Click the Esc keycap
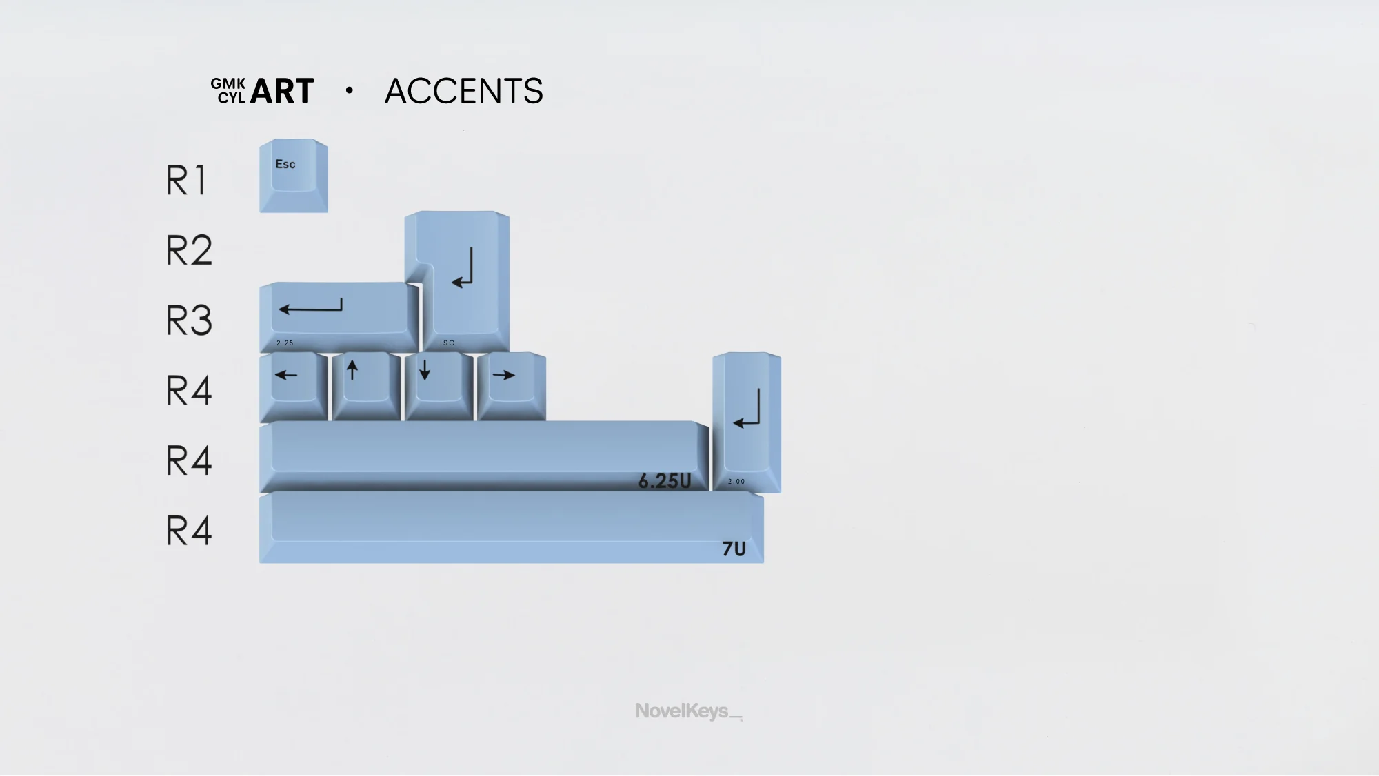[x=294, y=176]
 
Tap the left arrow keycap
[x=294, y=387]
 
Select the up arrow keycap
[x=366, y=387]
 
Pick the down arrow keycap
[x=439, y=387]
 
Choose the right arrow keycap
[x=512, y=387]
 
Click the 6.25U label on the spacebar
[x=665, y=480]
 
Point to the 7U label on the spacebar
[x=734, y=549]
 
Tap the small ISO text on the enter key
[x=447, y=343]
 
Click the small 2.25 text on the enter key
[x=285, y=343]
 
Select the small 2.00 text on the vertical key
[x=736, y=482]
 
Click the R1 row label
[x=186, y=181]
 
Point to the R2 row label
[x=189, y=250]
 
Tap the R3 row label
[x=189, y=320]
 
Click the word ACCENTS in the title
[x=464, y=91]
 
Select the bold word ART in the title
[x=282, y=91]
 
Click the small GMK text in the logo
[x=228, y=83]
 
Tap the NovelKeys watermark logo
[x=689, y=711]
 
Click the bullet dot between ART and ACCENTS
[x=350, y=90]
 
